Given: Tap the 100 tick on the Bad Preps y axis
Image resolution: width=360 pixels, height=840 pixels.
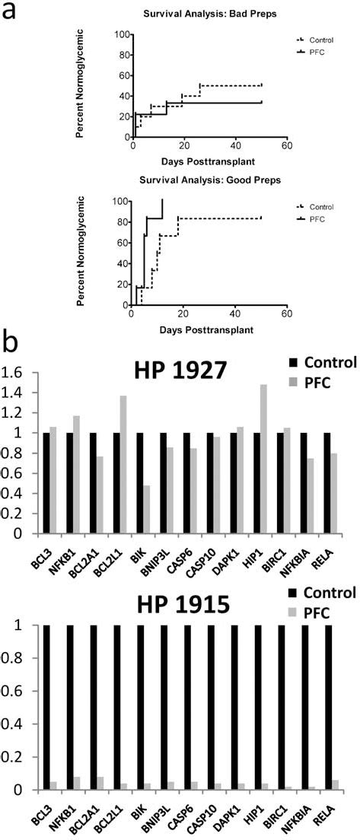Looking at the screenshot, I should pos(119,34).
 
